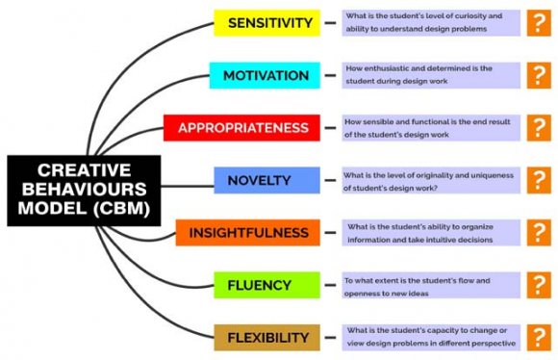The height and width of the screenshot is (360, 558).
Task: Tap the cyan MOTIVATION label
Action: tap(266, 75)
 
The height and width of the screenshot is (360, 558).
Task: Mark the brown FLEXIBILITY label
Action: tap(262, 337)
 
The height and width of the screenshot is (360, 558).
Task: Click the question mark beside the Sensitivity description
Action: tap(536, 23)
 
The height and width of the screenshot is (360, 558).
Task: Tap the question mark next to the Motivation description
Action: tap(536, 75)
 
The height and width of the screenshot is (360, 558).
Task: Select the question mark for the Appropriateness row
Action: tap(536, 127)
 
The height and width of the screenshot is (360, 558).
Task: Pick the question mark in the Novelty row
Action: tap(536, 180)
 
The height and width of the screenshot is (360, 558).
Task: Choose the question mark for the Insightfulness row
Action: tap(536, 232)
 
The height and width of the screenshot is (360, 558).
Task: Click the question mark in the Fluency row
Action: tap(536, 285)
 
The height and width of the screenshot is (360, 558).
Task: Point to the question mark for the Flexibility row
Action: tap(536, 337)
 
